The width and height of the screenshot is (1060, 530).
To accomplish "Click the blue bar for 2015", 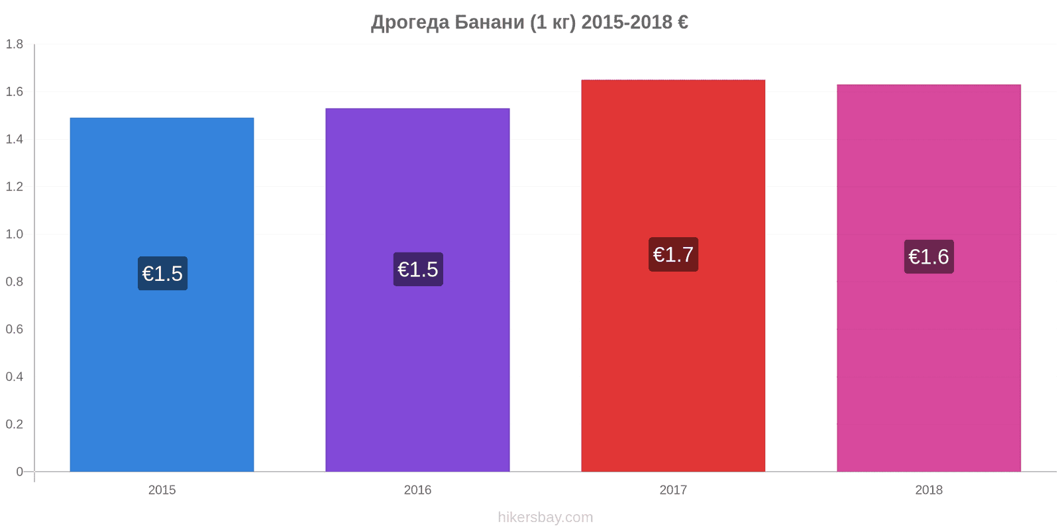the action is (162, 294).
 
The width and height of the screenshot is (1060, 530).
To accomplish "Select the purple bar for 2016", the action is (417, 290).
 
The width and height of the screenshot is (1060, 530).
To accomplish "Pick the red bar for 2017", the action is (673, 276).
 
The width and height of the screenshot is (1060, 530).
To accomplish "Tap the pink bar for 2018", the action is (928, 278).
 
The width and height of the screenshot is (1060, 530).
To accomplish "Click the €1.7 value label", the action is (673, 254).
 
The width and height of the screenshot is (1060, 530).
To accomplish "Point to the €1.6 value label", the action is (929, 256).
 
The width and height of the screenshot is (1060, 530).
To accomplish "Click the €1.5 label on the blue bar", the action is (162, 274).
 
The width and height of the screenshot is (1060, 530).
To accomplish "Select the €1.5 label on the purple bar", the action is (418, 269).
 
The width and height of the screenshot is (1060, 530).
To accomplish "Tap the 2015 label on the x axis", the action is (162, 490).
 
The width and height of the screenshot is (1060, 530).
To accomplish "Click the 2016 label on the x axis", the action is (417, 490).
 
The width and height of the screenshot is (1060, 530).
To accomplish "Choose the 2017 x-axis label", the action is (673, 490).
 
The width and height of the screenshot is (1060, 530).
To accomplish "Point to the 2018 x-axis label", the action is (928, 490).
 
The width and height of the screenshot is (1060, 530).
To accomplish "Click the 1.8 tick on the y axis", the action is (14, 44).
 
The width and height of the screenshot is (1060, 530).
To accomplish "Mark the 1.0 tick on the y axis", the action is (14, 235).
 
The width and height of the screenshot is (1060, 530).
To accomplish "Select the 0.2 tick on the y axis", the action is (14, 424).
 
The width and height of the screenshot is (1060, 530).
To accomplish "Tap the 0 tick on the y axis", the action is (19, 471).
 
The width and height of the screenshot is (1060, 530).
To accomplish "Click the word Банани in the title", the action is (490, 23).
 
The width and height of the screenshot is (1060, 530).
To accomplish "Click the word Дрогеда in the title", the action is (410, 23).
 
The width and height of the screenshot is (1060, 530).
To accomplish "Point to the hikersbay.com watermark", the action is (545, 517).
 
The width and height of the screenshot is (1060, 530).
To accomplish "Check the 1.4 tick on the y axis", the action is (14, 139).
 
